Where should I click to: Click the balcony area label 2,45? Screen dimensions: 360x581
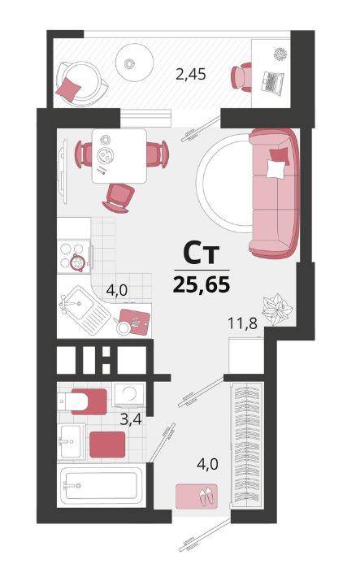[x=191, y=75]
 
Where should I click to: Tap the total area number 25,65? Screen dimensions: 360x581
[x=202, y=284]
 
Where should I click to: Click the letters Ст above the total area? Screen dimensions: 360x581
[x=202, y=254]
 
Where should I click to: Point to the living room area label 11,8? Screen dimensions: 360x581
[x=242, y=323]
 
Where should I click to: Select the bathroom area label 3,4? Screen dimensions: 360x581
[x=132, y=420]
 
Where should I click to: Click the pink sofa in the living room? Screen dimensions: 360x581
[x=274, y=193]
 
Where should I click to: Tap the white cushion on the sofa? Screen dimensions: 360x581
[x=276, y=169]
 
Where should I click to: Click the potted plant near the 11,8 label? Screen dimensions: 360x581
[x=277, y=309]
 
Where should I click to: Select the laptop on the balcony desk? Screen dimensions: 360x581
[x=272, y=81]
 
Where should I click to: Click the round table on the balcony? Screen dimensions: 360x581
[x=134, y=63]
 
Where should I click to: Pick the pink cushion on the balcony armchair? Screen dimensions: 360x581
[x=68, y=89]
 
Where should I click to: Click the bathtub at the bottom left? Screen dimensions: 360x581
[x=101, y=486]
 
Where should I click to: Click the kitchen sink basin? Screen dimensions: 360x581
[x=79, y=305]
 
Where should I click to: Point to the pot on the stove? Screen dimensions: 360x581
[x=78, y=262]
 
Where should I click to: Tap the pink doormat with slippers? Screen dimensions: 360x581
[x=197, y=496]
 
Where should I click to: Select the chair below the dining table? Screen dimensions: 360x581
[x=119, y=198]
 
